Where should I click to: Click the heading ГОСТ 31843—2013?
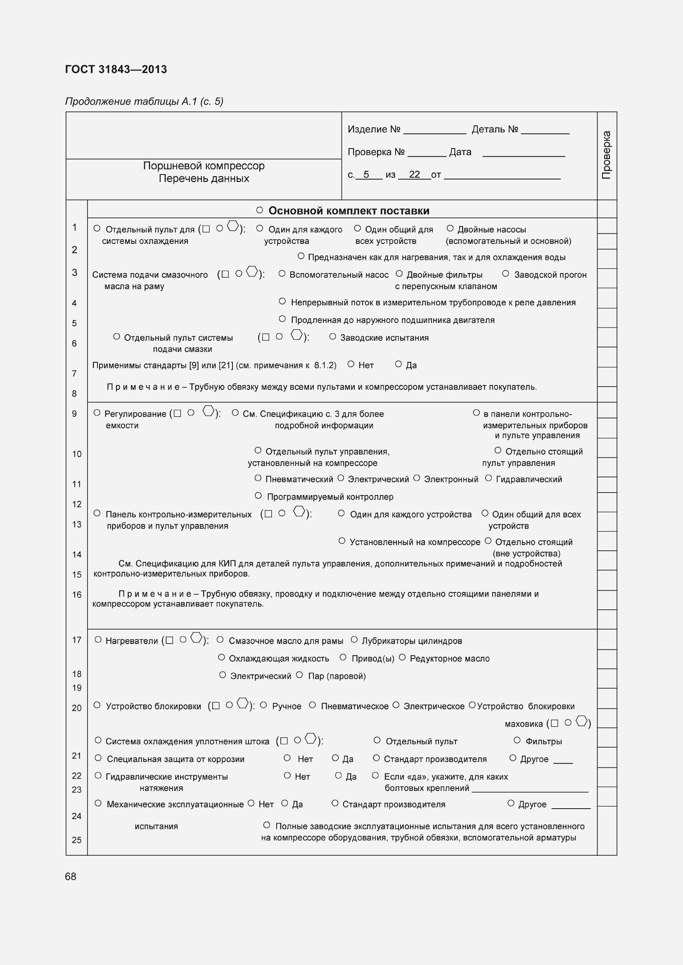pos(116,69)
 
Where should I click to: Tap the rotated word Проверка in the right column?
pos(606,155)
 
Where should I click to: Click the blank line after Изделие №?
pos(434,131)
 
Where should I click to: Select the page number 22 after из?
pos(414,175)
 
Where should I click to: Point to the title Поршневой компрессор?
pos(204,165)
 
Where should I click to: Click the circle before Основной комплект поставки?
pos(260,210)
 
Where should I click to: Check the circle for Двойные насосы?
pos(450,228)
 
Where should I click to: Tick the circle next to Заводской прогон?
pos(506,274)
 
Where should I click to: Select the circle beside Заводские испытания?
pos(333,336)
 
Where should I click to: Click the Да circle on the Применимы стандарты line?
pos(398,364)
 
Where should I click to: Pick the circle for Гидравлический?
pos(488,478)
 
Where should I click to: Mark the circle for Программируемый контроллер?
pos(258,495)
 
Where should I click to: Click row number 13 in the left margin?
pos(76,524)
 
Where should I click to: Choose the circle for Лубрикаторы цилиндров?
pos(354,640)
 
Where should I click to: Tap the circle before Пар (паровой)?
pos(299,675)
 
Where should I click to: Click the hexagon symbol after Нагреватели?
pos(196,637)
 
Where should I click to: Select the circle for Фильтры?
pos(517,740)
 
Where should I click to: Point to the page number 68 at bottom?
pos(71,876)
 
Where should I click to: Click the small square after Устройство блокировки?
pos(216,706)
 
